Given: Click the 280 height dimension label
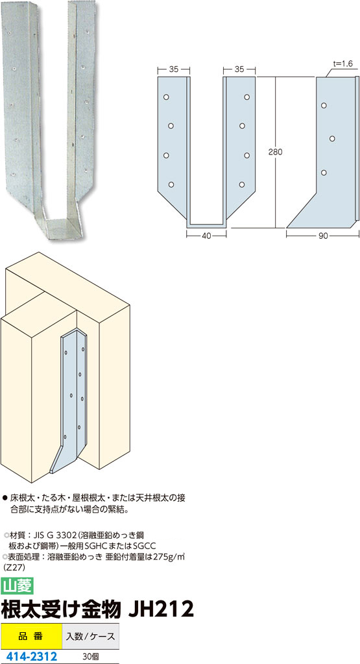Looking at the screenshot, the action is tap(275, 152).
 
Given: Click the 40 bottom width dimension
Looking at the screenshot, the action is tap(206, 236).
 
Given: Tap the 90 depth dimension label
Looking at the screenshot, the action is tap(323, 236).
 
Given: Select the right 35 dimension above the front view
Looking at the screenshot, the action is tap(239, 70).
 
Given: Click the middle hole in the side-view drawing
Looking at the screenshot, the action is tap(332, 138).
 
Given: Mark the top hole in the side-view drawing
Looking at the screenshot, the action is tap(324, 105).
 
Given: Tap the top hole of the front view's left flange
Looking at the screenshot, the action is tap(166, 97).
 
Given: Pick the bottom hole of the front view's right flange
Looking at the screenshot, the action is tap(242, 184).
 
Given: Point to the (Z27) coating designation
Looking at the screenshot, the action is tap(13, 567).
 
